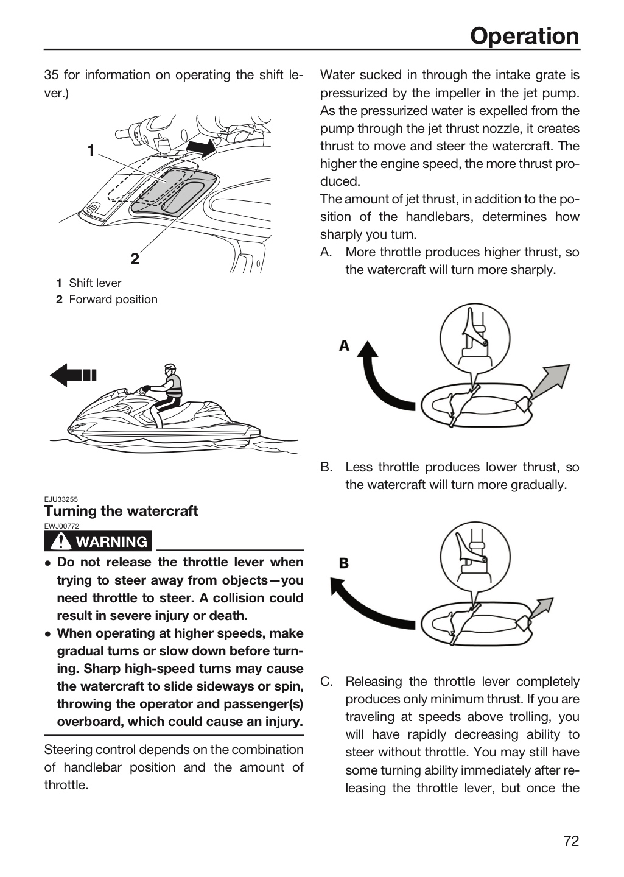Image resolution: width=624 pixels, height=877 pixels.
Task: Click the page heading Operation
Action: [524, 36]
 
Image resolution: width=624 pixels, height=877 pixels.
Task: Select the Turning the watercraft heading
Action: [121, 511]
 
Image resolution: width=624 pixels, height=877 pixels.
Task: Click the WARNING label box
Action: [98, 541]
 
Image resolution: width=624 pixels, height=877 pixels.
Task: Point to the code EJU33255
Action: [61, 499]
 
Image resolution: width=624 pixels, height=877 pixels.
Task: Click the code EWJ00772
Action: [61, 526]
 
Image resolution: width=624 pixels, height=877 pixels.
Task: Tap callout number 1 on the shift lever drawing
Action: [91, 150]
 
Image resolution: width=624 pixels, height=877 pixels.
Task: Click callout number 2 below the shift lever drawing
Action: [135, 259]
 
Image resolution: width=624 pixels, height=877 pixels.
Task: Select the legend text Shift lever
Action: [95, 283]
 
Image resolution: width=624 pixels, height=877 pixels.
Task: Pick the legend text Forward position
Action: [113, 300]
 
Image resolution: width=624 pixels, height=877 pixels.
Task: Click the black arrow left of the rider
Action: [73, 375]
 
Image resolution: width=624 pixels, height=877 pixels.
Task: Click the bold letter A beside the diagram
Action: [344, 346]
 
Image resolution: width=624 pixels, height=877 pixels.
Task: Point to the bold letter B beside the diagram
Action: [344, 563]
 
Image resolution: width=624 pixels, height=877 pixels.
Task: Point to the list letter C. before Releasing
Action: [326, 682]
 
